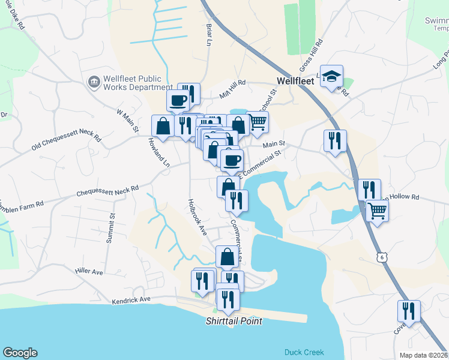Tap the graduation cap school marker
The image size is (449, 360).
tap(331, 77)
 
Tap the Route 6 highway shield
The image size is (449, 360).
tap(382, 257)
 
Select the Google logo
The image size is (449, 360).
tap(20, 353)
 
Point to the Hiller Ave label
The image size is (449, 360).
tap(89, 272)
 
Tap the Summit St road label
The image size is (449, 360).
tap(110, 227)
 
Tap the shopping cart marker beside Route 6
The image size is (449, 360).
tap(377, 210)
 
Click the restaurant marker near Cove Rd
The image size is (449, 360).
tap(408, 311)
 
